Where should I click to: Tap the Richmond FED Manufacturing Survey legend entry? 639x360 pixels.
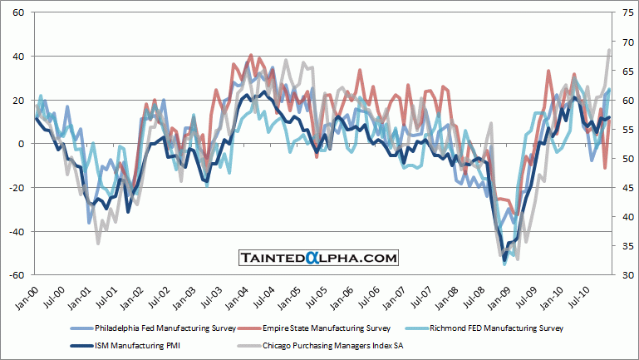[504, 328]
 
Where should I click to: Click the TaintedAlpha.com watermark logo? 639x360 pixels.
[320, 259]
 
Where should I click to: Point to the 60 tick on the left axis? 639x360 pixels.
[17, 13]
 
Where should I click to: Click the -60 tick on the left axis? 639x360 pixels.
[16, 275]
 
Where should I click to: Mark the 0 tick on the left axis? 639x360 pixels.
[21, 144]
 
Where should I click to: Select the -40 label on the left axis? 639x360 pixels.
[16, 231]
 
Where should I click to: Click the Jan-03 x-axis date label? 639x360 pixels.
[184, 294]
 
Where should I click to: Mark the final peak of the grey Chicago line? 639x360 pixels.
[609, 50]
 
